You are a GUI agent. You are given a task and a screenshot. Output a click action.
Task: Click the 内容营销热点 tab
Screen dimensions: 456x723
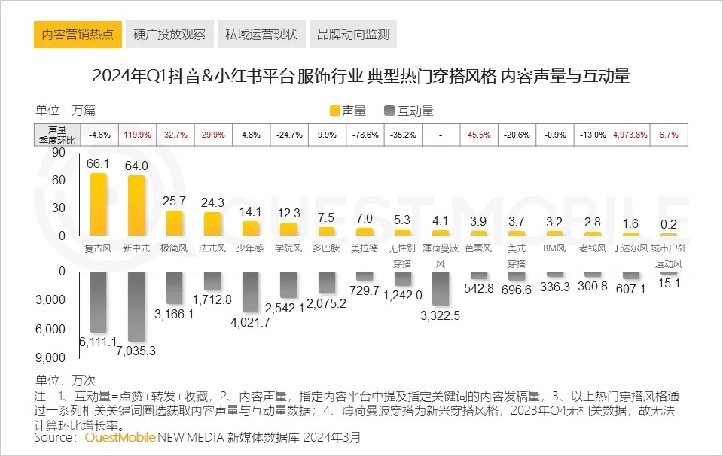point(78,35)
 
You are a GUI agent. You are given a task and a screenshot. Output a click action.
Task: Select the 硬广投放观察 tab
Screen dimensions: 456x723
point(169,35)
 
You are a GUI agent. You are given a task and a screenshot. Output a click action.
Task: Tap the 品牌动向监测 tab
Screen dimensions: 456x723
point(352,35)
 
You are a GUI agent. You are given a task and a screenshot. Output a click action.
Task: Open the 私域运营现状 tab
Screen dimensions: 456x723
point(261,35)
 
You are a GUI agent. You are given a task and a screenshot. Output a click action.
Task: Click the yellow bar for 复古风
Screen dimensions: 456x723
point(99,205)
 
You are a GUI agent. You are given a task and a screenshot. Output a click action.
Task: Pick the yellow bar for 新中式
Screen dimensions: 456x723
point(136,206)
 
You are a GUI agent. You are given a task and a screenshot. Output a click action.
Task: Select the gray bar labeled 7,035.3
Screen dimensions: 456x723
point(136,306)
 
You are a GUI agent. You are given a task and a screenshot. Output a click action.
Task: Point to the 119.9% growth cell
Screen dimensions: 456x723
point(136,135)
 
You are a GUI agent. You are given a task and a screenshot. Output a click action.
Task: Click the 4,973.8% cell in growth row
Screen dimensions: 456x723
point(630,135)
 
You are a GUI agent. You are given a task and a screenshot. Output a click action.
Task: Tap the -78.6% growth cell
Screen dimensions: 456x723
point(364,135)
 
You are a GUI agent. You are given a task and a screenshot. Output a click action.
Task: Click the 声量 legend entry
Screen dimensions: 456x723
point(348,111)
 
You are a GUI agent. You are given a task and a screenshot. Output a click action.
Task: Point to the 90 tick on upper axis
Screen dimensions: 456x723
point(58,153)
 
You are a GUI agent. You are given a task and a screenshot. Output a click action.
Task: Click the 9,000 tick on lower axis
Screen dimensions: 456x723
point(52,357)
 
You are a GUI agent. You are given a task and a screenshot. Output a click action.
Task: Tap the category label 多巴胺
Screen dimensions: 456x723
point(325,248)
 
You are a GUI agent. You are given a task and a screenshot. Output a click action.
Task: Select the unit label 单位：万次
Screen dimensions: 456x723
point(66,380)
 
